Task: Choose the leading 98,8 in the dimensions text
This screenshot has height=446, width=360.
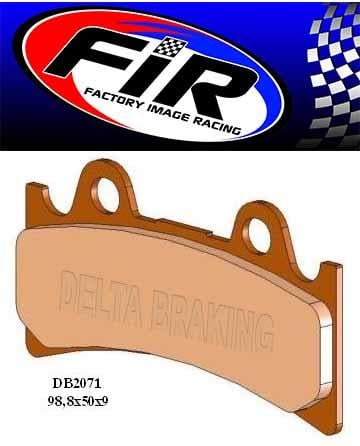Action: pyautogui.click(x=58, y=400)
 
